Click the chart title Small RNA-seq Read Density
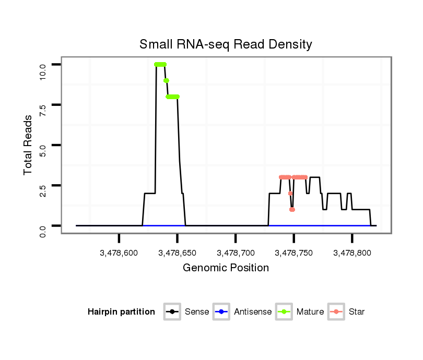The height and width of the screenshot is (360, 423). pos(226,44)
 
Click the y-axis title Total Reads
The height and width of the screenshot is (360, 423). pos(29,145)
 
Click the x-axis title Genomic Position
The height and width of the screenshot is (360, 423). pos(226,268)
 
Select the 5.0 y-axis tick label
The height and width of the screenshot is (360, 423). pos(43,146)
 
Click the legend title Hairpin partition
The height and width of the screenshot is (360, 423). pos(121,312)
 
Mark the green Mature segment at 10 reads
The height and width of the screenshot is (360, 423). pos(160,64)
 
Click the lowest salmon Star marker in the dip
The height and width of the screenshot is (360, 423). pos(292,209)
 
